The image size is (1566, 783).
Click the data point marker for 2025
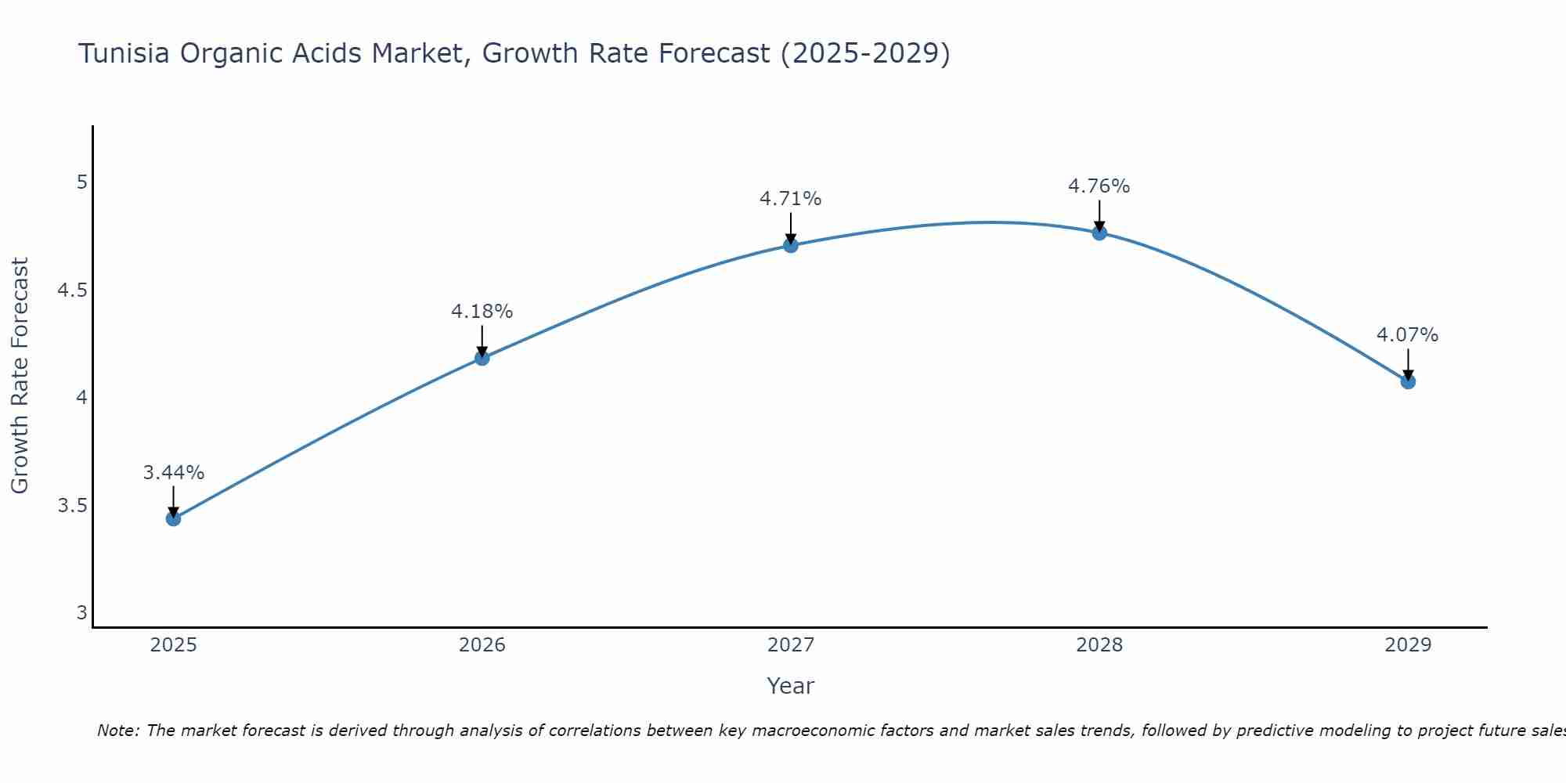tap(174, 518)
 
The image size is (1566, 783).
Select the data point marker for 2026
tap(482, 358)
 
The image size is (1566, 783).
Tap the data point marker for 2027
tap(791, 245)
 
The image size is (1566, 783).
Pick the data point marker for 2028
tap(1099, 233)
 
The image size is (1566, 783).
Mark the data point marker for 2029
tap(1408, 381)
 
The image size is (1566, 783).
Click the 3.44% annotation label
tap(174, 473)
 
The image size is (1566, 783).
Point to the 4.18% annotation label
tap(482, 312)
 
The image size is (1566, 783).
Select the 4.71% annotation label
tap(791, 199)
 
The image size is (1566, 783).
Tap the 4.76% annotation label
tap(1099, 186)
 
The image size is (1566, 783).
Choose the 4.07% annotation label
tap(1408, 335)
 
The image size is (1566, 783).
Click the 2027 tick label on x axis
tap(791, 645)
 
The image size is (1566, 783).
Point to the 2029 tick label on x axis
tap(1408, 645)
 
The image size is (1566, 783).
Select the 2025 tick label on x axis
tap(174, 645)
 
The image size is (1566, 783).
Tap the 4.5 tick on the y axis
tap(72, 290)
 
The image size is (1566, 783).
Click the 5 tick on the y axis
tap(81, 182)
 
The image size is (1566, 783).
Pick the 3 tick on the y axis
tap(81, 613)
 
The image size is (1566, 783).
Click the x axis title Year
tap(791, 686)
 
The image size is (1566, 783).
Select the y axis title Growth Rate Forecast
tap(20, 376)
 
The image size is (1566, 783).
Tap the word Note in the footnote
tap(117, 731)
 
